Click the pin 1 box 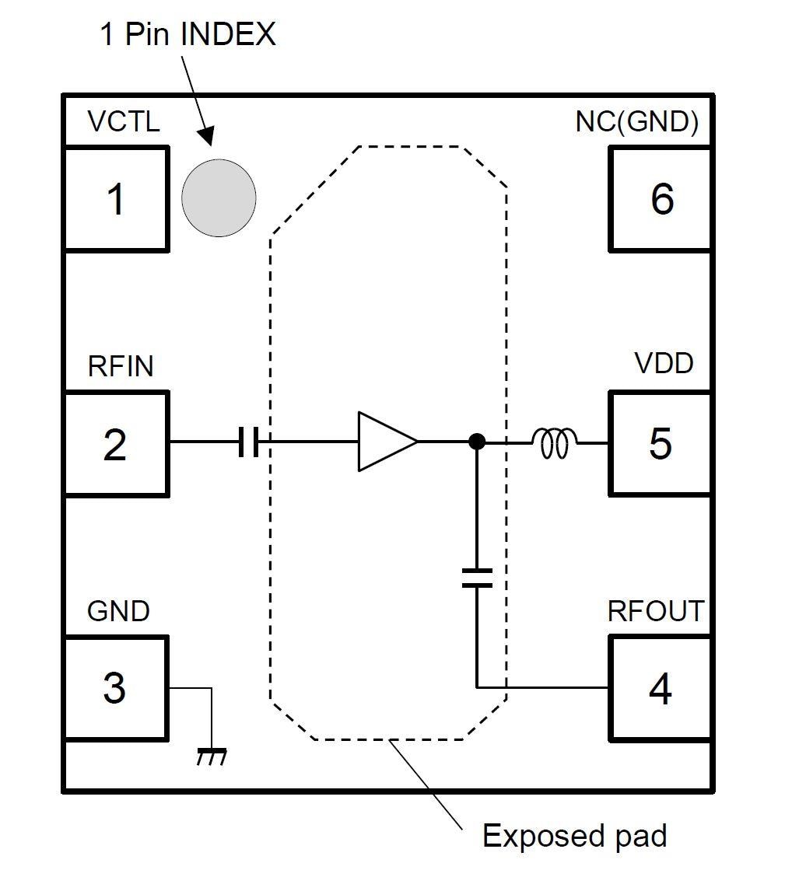(x=115, y=199)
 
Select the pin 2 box (x=115, y=444)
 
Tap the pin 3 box (x=115, y=688)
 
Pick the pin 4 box (x=660, y=688)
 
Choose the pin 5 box (x=660, y=444)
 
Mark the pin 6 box (x=660, y=199)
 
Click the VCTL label (x=124, y=122)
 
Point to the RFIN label (x=121, y=366)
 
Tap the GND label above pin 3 (x=118, y=611)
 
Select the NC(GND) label (x=636, y=122)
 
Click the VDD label (x=663, y=363)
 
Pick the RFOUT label (x=655, y=611)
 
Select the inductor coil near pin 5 (x=554, y=443)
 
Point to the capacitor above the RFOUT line (x=476, y=577)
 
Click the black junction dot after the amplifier (x=477, y=442)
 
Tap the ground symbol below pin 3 (x=211, y=755)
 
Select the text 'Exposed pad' (x=574, y=837)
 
